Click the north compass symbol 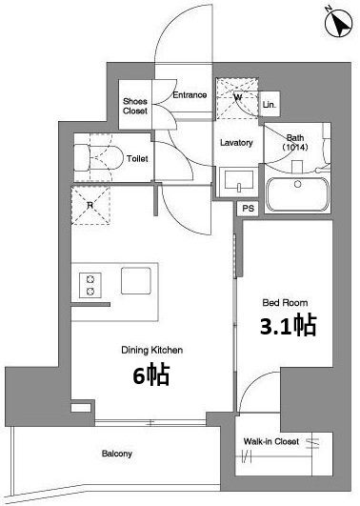tap(338, 21)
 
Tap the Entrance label tap(190, 95)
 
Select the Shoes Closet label tap(135, 106)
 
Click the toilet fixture tap(98, 158)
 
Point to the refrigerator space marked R tap(90, 205)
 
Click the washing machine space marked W tap(237, 98)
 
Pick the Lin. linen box tap(270, 104)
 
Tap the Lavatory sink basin tap(239, 181)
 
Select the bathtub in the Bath tap(297, 194)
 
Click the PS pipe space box tap(248, 209)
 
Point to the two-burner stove tap(90, 285)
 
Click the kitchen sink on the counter tap(136, 281)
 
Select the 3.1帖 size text tap(288, 325)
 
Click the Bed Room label tap(285, 303)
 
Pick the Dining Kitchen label tap(152, 350)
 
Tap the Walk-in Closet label tap(271, 441)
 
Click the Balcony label tap(117, 454)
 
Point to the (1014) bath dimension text tap(295, 147)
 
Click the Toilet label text tap(137, 158)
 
